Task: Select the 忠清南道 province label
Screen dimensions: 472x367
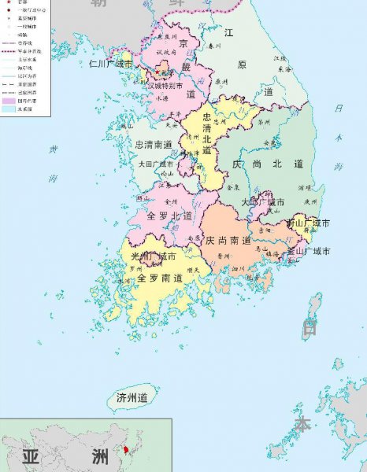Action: tap(154, 146)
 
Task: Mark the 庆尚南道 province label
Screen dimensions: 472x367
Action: tap(228, 240)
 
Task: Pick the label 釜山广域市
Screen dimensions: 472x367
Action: tap(308, 252)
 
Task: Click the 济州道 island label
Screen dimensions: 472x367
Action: tap(132, 398)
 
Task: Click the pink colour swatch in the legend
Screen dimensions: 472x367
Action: tap(9, 101)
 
